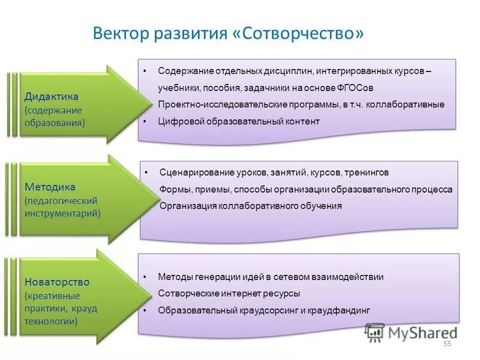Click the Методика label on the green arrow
pyautogui.click(x=50, y=187)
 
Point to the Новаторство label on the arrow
pyautogui.click(x=57, y=281)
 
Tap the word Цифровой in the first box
pyautogui.click(x=179, y=121)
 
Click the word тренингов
pyautogui.click(x=367, y=172)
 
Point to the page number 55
pyautogui.click(x=446, y=343)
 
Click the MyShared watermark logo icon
pyautogui.click(x=375, y=332)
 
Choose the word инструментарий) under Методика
pyautogui.click(x=62, y=213)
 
